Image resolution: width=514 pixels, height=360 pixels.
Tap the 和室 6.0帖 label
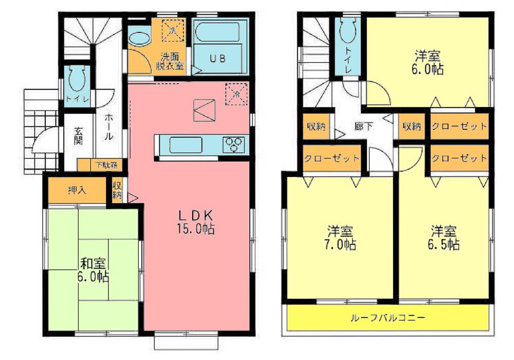point(93,270)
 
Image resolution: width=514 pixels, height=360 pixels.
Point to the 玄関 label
point(79,135)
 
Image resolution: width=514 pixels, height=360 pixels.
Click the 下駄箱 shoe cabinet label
point(106,166)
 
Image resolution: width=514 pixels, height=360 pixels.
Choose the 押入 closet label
point(77,190)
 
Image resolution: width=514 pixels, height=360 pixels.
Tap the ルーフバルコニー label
point(388,318)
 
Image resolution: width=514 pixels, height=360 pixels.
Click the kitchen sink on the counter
point(188,145)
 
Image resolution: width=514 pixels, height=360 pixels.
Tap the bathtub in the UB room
point(220,32)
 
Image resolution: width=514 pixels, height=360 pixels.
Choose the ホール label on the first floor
point(109,128)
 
